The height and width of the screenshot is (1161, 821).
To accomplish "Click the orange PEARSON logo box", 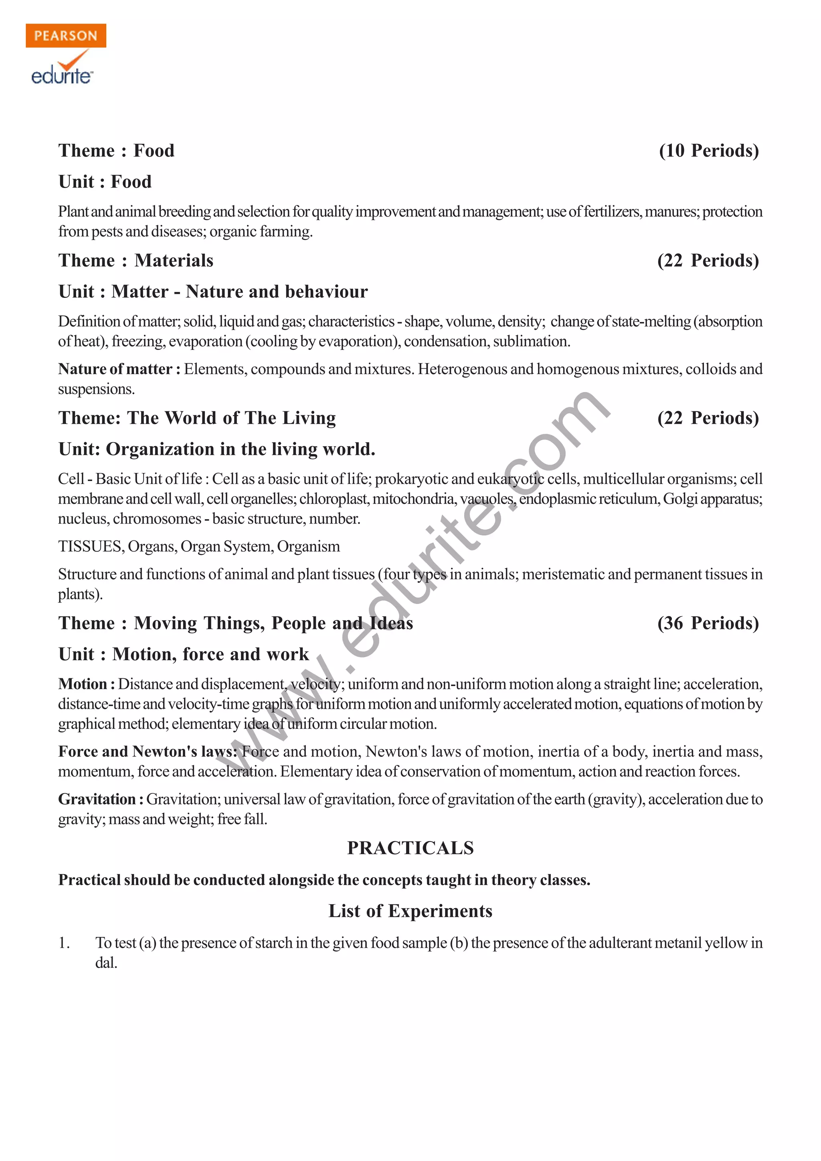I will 66,35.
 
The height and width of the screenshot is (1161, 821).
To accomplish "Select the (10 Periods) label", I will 709,151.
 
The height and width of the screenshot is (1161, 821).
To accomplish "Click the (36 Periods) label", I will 708,623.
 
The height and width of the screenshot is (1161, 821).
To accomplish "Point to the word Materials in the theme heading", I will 174,261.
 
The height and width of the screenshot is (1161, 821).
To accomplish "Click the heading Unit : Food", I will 105,182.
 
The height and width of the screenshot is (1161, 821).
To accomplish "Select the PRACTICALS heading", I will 410,848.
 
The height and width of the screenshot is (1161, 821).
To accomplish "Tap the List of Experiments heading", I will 410,911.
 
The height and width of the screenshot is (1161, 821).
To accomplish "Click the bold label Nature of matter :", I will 119,369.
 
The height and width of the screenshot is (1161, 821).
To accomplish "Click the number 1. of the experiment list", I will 64,943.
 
